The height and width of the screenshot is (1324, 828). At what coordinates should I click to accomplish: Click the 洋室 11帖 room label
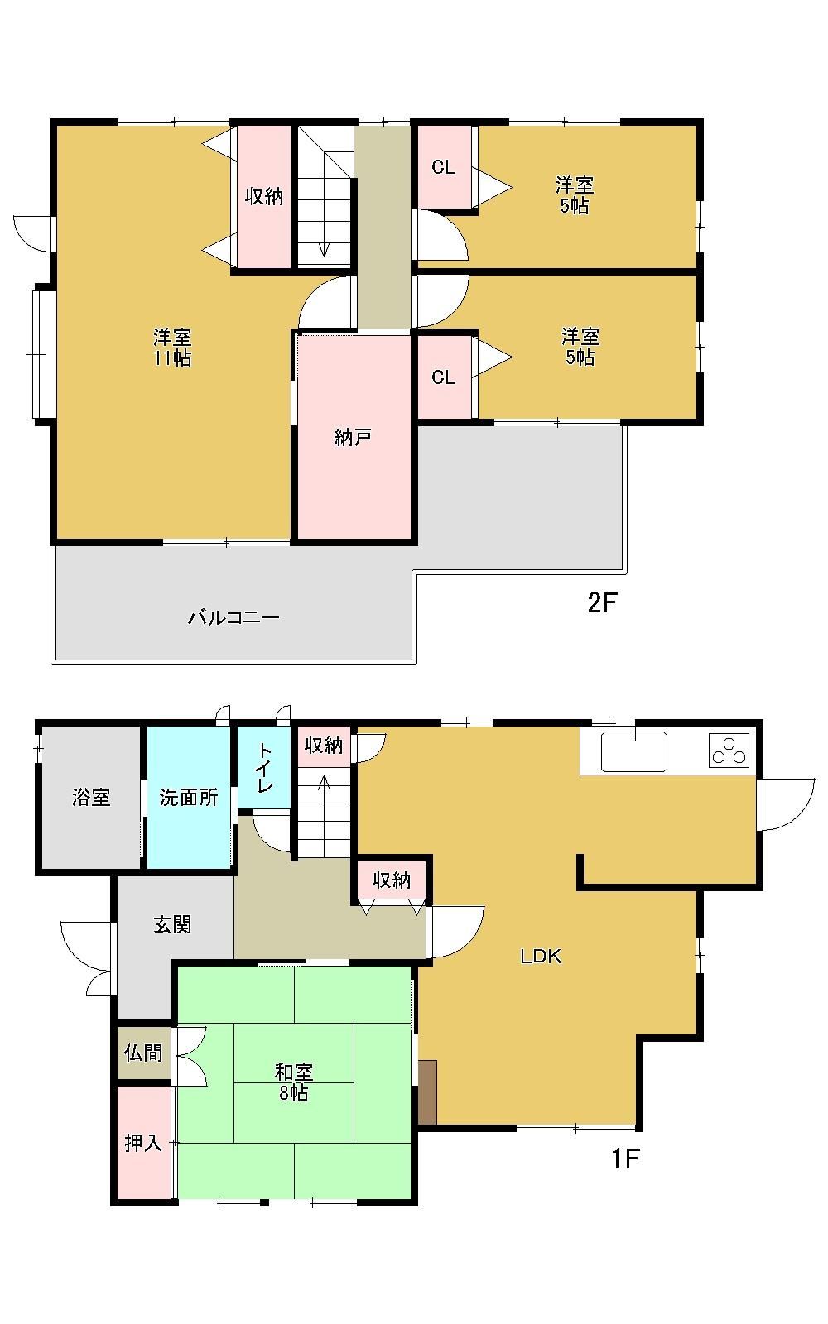[x=172, y=348]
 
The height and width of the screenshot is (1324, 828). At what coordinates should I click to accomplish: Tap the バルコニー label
[x=233, y=618]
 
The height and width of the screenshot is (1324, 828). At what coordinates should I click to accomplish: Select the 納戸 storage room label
[x=353, y=438]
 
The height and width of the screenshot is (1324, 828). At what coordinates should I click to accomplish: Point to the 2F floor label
[x=602, y=603]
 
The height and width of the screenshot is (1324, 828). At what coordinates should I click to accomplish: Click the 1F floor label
[x=625, y=1158]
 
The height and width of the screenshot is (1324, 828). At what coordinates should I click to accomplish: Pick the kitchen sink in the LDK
[x=634, y=751]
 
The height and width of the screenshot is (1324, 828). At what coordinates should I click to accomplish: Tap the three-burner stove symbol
[x=729, y=751]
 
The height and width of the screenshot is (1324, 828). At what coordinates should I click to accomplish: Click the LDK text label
[x=541, y=957]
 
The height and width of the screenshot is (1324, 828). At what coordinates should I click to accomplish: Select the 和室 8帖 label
[x=294, y=1082]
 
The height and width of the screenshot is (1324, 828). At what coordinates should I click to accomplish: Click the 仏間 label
[x=143, y=1053]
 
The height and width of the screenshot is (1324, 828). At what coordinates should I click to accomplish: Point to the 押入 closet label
[x=143, y=1143]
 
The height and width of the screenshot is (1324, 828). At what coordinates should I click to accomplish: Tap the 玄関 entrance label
[x=173, y=924]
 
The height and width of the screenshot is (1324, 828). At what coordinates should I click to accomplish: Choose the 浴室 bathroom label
[x=91, y=797]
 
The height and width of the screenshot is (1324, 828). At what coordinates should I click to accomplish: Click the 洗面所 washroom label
[x=189, y=797]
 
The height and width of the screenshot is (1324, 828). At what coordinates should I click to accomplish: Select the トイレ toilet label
[x=264, y=768]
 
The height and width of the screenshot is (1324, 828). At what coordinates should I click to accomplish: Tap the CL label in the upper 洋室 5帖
[x=444, y=167]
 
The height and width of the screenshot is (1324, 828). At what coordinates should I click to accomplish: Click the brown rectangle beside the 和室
[x=427, y=1092]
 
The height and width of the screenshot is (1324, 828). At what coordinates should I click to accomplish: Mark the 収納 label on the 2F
[x=264, y=196]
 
